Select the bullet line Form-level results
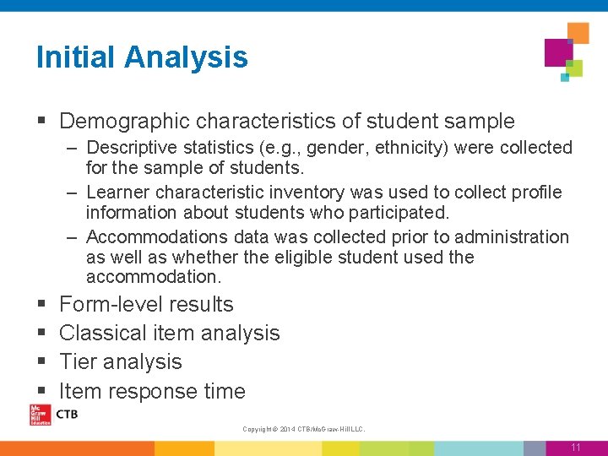(x=146, y=304)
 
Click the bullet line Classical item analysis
(x=169, y=334)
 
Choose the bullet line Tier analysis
(x=121, y=362)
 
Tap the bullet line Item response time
(x=152, y=391)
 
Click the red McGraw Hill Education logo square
(x=40, y=415)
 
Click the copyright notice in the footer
(x=303, y=430)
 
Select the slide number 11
(x=575, y=448)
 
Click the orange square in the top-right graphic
(x=578, y=33)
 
